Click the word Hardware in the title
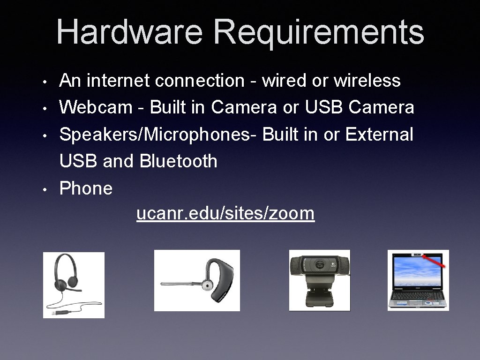point(129,31)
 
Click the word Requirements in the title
point(319,31)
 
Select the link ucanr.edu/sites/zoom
point(225,214)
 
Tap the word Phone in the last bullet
point(86,188)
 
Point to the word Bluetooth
point(179,161)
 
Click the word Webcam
point(96,107)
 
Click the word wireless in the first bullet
point(367,81)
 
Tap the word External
point(379,135)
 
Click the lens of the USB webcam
point(320,265)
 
